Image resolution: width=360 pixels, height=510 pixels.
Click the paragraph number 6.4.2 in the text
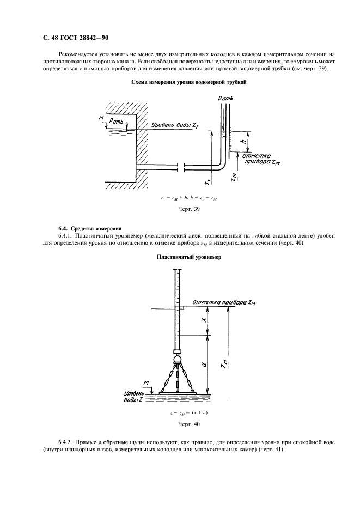[68, 442]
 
